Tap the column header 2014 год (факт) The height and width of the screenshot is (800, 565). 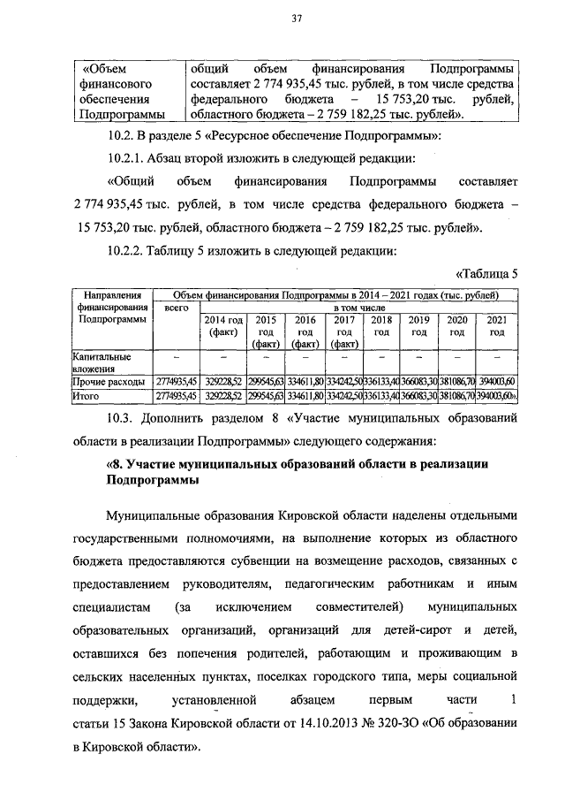(x=223, y=326)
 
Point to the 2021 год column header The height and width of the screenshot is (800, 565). (x=497, y=326)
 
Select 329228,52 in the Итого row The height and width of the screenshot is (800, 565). (x=223, y=397)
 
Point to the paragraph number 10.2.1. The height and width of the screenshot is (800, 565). (x=126, y=159)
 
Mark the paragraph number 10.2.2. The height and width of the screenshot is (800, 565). (x=126, y=251)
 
